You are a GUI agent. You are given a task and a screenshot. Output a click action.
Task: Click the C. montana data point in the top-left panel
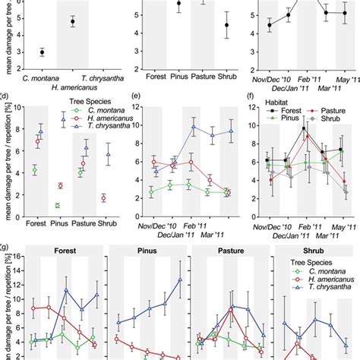pos(42,52)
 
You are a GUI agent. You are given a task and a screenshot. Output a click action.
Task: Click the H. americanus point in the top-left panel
pos(73,22)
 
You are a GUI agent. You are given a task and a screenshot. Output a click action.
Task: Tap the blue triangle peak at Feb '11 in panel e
pos(194,128)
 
